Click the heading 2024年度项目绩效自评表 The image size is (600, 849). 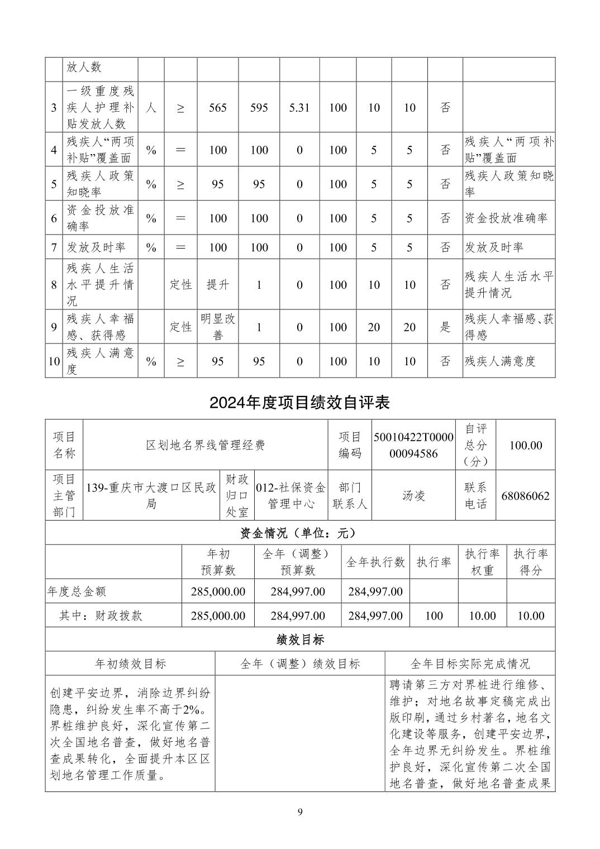(x=299, y=403)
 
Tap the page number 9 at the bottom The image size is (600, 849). (x=300, y=812)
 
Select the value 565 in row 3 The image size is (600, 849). (x=218, y=107)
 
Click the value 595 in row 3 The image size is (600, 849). (x=259, y=107)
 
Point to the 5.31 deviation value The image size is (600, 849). (x=299, y=107)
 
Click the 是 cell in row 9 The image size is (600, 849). (x=445, y=327)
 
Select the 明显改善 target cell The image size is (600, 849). (x=218, y=327)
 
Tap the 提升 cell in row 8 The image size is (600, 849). (x=218, y=285)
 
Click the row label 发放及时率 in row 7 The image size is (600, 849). (x=96, y=247)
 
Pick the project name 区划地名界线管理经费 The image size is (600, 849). (x=205, y=445)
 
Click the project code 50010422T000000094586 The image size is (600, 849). (x=413, y=445)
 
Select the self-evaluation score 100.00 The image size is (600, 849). (x=526, y=445)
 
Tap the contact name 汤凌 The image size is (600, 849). (x=413, y=496)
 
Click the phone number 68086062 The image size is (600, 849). (x=526, y=496)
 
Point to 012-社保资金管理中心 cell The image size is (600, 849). (x=291, y=496)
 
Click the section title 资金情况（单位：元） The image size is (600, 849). (x=299, y=533)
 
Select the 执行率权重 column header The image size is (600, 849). (x=482, y=562)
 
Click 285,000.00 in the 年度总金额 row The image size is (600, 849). (x=218, y=592)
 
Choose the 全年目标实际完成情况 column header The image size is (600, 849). (x=470, y=664)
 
